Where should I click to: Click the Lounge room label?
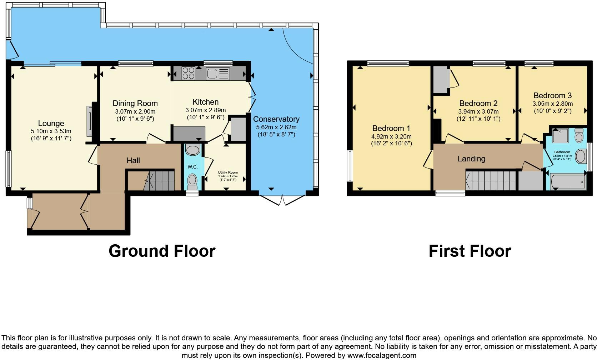point(51,124)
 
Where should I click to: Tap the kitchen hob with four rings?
point(188,73)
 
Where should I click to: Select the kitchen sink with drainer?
point(217,74)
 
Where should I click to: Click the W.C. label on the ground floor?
point(192,167)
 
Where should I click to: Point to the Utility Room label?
point(228,172)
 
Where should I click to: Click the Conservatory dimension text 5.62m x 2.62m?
point(276,127)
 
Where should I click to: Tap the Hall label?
point(133,161)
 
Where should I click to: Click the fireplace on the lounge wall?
point(89,121)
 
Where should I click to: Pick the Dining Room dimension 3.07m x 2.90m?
point(135,111)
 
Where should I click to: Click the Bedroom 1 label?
point(391,129)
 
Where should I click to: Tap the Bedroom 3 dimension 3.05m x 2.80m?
point(552,104)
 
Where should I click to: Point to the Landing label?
point(471,159)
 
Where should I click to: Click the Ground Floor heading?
point(162,251)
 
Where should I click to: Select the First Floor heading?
point(470,251)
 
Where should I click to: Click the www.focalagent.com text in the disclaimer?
point(381,355)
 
